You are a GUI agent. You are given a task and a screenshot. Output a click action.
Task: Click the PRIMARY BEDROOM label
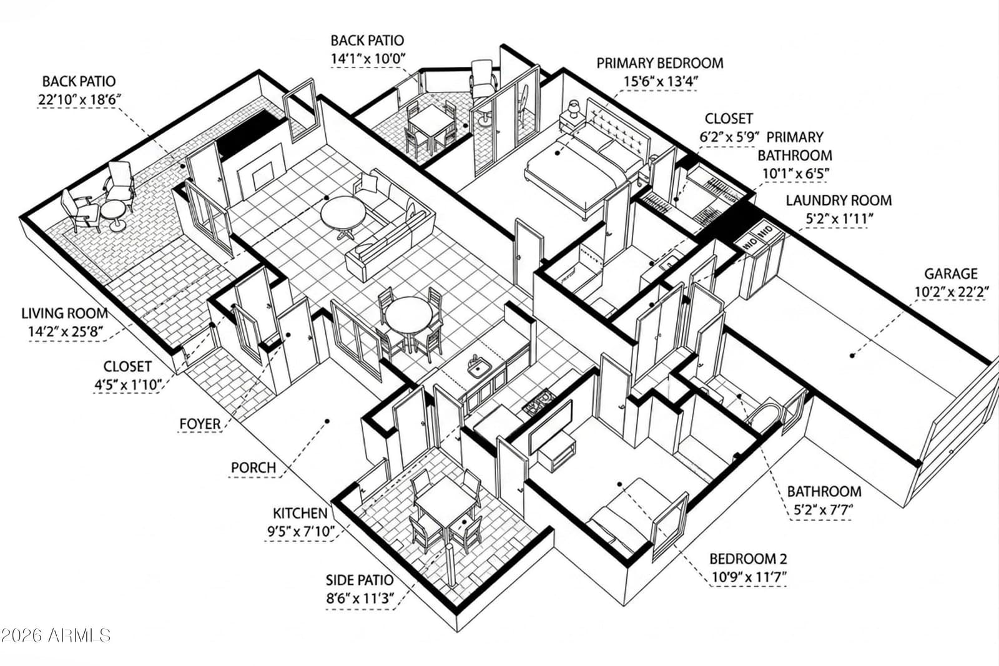point(659,63)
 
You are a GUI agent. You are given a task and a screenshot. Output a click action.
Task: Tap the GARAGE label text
point(951,273)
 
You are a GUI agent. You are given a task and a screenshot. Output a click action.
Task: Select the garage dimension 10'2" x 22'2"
point(952,292)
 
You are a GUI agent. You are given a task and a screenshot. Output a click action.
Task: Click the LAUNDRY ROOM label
point(839,200)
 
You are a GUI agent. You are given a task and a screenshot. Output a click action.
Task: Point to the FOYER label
point(200,423)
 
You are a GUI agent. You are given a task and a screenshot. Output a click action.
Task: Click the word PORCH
point(253,468)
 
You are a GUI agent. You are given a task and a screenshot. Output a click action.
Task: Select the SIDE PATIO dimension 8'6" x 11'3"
point(360,598)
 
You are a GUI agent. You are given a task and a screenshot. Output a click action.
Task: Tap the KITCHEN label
point(300,513)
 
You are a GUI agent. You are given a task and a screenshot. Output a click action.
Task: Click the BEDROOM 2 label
point(748,559)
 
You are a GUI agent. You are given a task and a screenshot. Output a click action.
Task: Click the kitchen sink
point(479,368)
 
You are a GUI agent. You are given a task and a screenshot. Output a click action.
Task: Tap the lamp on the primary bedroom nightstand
point(574,109)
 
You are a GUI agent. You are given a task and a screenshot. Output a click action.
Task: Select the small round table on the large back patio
point(113,215)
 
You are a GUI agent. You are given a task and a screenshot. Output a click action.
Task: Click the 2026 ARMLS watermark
point(56,635)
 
